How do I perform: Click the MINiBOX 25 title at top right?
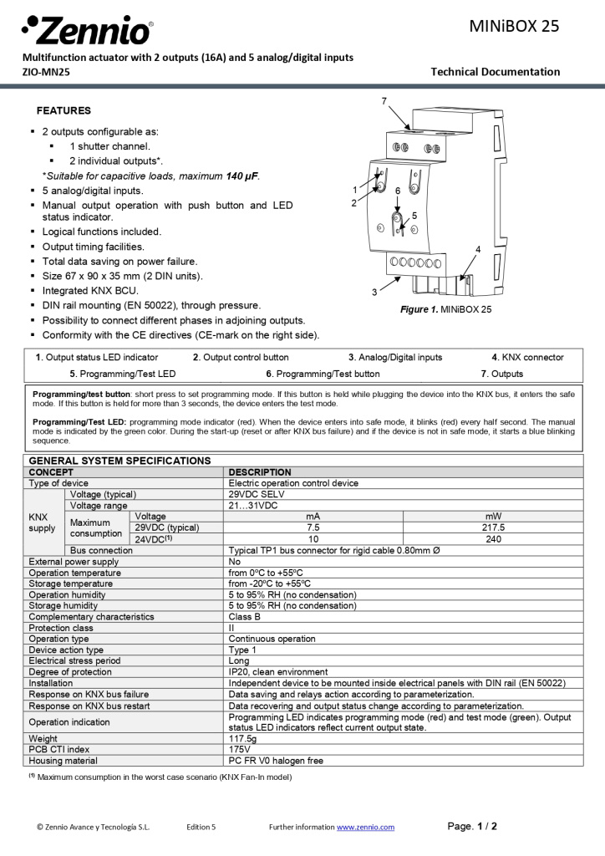514,26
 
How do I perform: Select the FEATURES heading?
64,110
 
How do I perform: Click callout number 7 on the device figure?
384,101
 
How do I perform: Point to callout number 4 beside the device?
478,249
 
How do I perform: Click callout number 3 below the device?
374,292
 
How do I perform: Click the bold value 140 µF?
242,176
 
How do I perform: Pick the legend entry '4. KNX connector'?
527,357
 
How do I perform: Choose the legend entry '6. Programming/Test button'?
323,374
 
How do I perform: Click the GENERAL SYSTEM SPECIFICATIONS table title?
120,461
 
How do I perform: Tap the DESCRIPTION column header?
260,472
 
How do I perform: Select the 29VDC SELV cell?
257,495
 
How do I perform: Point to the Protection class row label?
61,628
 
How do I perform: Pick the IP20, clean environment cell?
278,672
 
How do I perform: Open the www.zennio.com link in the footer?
365,828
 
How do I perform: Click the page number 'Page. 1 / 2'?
472,827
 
